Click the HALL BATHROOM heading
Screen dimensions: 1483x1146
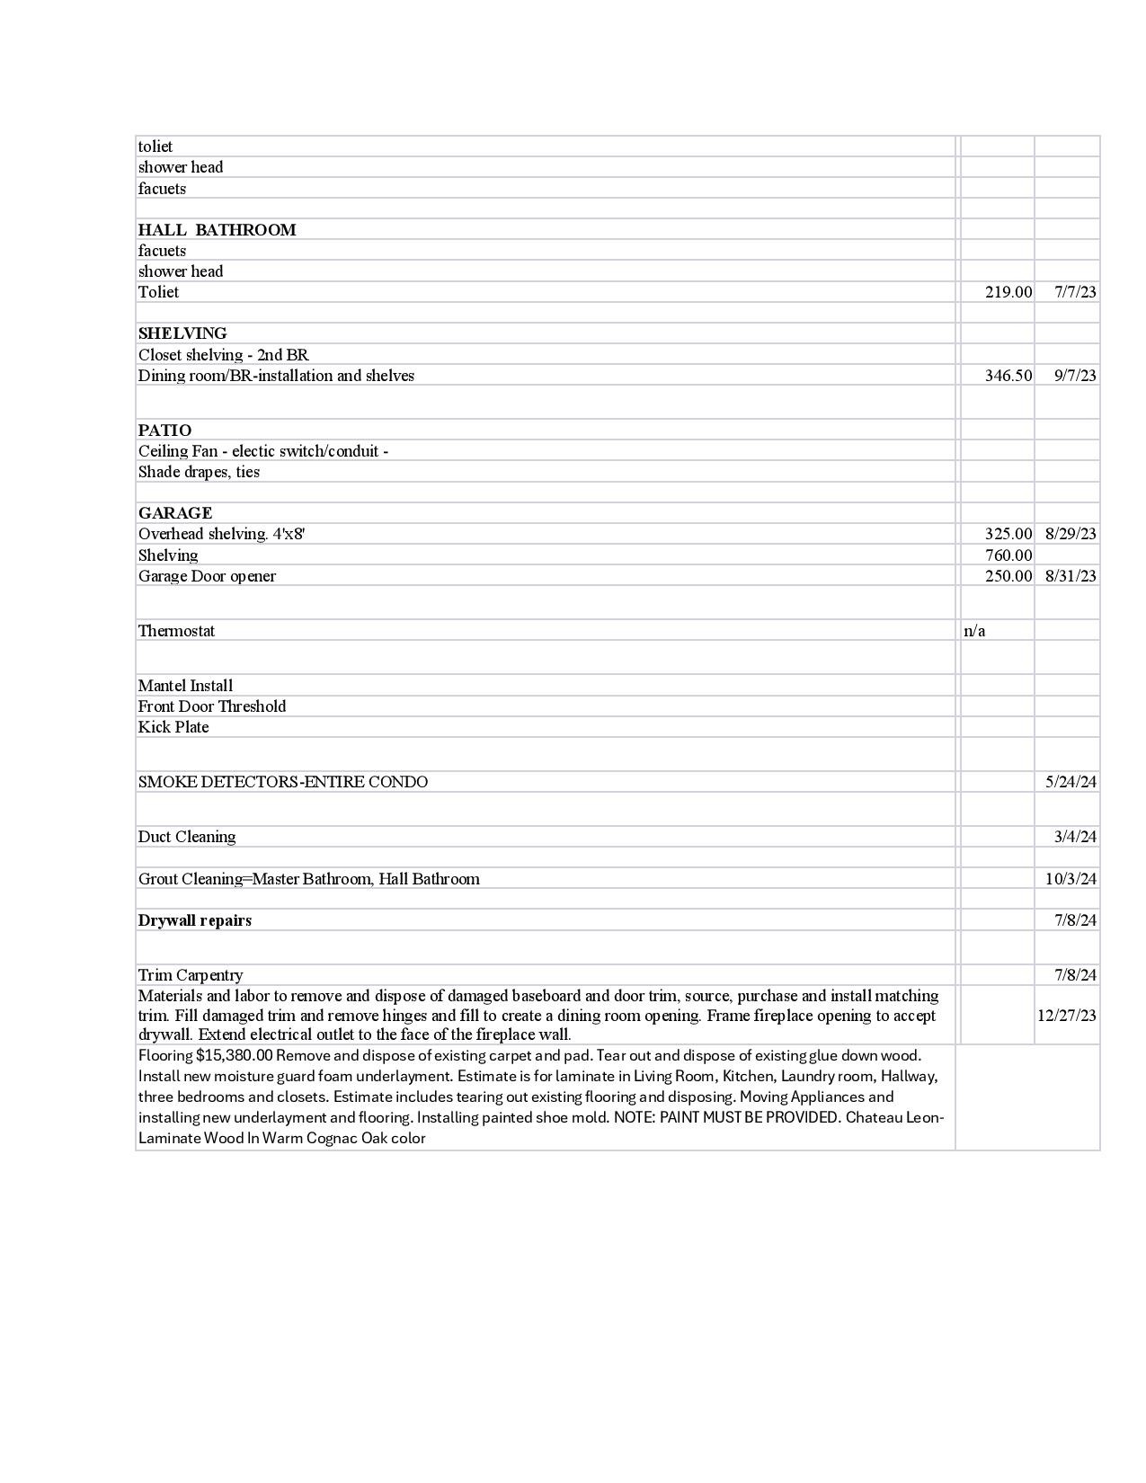pos(217,230)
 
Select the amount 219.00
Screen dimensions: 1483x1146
pos(1008,292)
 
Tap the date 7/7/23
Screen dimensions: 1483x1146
pos(1074,292)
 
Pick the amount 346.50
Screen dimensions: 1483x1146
pos(1008,376)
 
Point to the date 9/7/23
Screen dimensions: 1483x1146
pos(1074,376)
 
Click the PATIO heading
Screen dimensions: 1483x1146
pos(164,431)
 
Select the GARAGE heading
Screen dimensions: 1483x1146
pos(175,513)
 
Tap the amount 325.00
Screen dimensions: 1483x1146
pos(1008,534)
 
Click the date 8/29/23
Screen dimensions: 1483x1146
pos(1070,534)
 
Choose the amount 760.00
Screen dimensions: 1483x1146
pos(1008,555)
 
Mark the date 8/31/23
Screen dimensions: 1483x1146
pos(1070,576)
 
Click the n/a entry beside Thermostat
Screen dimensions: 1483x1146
pos(974,631)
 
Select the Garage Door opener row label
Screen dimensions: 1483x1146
pos(207,576)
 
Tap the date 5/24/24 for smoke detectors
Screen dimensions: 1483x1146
pos(1070,782)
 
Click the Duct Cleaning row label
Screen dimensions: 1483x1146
pos(187,837)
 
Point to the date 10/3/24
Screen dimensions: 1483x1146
pos(1070,879)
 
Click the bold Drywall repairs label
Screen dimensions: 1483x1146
pos(195,920)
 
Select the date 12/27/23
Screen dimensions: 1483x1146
pos(1067,1016)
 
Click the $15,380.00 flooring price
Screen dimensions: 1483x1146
pos(234,1055)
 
